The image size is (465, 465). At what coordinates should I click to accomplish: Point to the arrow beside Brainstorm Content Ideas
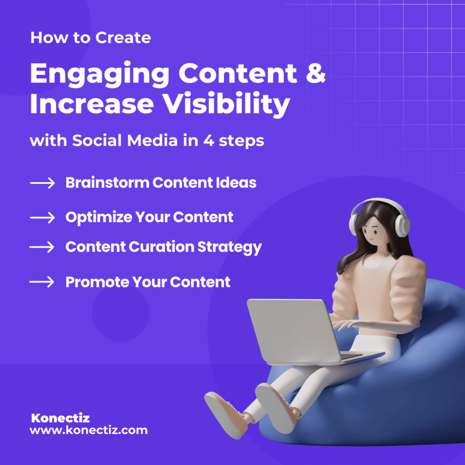point(42,183)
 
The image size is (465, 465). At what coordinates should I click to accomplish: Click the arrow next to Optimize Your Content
point(42,218)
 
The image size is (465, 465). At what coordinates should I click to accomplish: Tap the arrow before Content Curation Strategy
point(42,247)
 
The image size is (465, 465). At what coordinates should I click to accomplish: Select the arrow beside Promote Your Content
point(42,282)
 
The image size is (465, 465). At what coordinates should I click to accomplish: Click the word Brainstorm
point(107,183)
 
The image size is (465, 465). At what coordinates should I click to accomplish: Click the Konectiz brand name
point(60,418)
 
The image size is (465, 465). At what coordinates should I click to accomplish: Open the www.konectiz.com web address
point(89,430)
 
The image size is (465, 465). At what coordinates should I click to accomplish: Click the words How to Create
point(90,38)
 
